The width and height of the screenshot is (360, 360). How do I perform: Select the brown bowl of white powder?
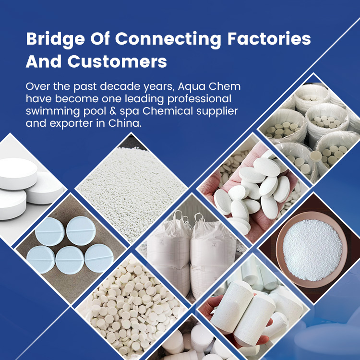(x=312, y=250)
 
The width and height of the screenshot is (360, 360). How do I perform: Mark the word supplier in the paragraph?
(x=209, y=111)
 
